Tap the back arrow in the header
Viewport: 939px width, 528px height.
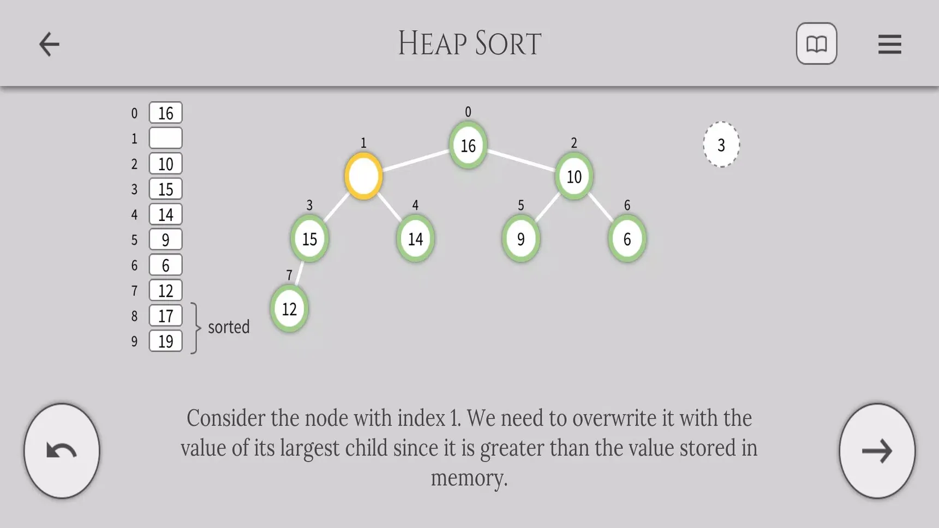pyautogui.click(x=49, y=44)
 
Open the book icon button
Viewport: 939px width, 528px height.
pyautogui.click(x=816, y=44)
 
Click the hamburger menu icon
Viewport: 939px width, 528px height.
pyautogui.click(x=889, y=44)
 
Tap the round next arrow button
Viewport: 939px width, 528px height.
pyautogui.click(x=877, y=451)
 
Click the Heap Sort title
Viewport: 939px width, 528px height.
pyautogui.click(x=469, y=44)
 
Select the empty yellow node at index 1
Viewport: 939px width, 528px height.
pyautogui.click(x=363, y=176)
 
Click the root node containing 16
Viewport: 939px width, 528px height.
pyautogui.click(x=468, y=145)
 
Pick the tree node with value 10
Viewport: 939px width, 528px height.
pyautogui.click(x=573, y=176)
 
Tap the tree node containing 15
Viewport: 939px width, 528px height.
pyautogui.click(x=309, y=238)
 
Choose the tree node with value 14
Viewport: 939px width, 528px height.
pyautogui.click(x=415, y=238)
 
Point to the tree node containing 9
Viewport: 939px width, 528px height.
pyautogui.click(x=521, y=238)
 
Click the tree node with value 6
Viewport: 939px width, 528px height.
pyautogui.click(x=627, y=238)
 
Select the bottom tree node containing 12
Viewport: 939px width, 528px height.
pyautogui.click(x=289, y=309)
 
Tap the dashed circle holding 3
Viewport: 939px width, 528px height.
pyautogui.click(x=721, y=145)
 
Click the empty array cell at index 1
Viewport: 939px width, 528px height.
pyautogui.click(x=165, y=138)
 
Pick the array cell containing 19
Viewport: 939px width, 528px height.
pyautogui.click(x=165, y=341)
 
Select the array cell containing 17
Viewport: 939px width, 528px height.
pyautogui.click(x=165, y=316)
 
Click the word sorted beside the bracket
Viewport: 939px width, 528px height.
pyautogui.click(x=229, y=327)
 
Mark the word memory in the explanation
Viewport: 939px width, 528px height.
pyautogui.click(x=469, y=478)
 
